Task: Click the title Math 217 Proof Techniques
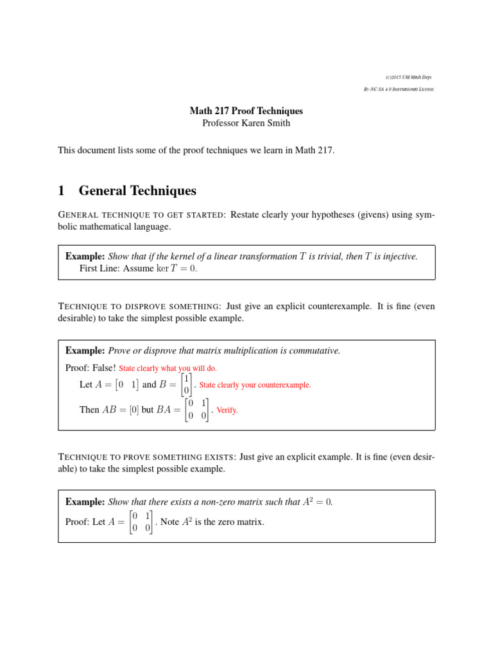point(246,111)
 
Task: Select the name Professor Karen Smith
point(246,123)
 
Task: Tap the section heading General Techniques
point(137,191)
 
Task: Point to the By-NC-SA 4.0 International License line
point(399,89)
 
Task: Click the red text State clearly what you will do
point(168,368)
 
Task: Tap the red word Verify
point(227,410)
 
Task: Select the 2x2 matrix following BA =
point(196,409)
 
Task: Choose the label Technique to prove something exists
point(147,457)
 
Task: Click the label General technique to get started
point(141,215)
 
